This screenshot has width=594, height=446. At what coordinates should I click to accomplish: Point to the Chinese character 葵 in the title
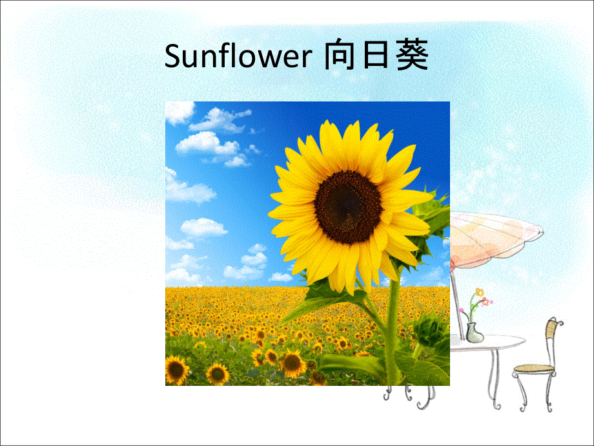click(x=411, y=57)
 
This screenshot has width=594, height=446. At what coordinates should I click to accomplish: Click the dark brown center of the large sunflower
click(x=348, y=206)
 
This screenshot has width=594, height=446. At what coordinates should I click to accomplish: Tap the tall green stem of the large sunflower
click(x=393, y=323)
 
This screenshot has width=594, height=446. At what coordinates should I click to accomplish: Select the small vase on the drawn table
click(x=474, y=332)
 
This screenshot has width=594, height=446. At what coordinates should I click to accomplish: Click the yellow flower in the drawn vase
click(x=478, y=292)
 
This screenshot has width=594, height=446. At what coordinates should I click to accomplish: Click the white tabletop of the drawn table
click(x=491, y=343)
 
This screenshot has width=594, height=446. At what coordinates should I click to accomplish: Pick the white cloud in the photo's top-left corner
click(x=179, y=113)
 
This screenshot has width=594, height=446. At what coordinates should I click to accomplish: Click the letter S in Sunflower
click(x=172, y=58)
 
